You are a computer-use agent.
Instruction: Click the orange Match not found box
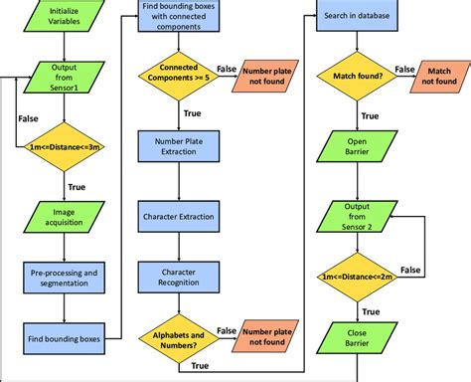pos(438,74)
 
